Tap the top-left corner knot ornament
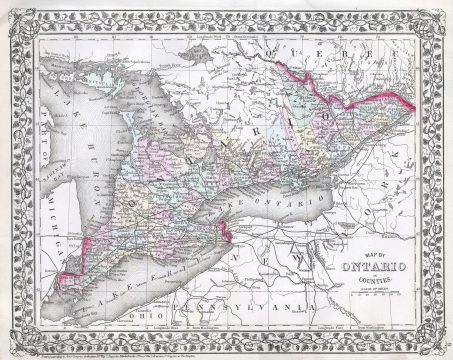pyautogui.click(x=12, y=12)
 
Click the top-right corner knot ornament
pyautogui.click(x=441, y=12)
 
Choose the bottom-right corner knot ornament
pyautogui.click(x=441, y=347)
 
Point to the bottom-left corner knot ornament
pyautogui.click(x=12, y=347)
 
